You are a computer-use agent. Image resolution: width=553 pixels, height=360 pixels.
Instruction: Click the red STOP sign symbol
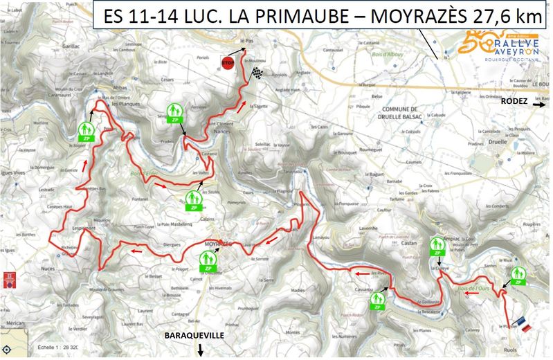(226, 62)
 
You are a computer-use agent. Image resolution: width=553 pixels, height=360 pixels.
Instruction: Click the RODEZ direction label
(514, 102)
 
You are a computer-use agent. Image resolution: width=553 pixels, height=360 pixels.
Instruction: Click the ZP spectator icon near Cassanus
(377, 300)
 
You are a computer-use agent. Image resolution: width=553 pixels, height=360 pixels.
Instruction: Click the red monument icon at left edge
(9, 279)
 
